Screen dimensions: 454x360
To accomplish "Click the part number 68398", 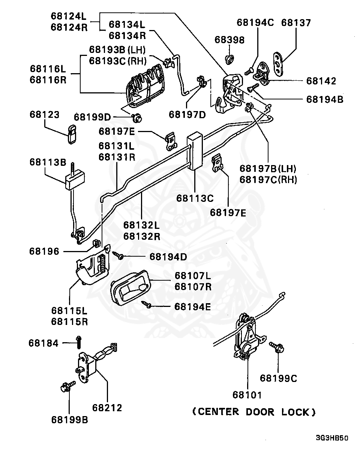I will [229, 40].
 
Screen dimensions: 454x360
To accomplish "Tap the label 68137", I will [296, 23].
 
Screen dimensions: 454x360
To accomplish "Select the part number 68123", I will [44, 114].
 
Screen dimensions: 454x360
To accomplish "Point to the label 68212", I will [107, 407].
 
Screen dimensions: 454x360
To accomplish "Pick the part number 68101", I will [247, 395].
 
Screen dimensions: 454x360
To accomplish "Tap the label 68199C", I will [278, 378].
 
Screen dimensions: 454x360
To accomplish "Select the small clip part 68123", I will [72, 134].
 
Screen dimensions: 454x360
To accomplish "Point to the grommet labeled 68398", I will [229, 59].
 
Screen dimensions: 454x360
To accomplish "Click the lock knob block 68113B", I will [75, 180].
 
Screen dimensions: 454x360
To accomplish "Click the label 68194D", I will [168, 257].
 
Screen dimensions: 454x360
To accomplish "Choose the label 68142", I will [321, 81].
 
